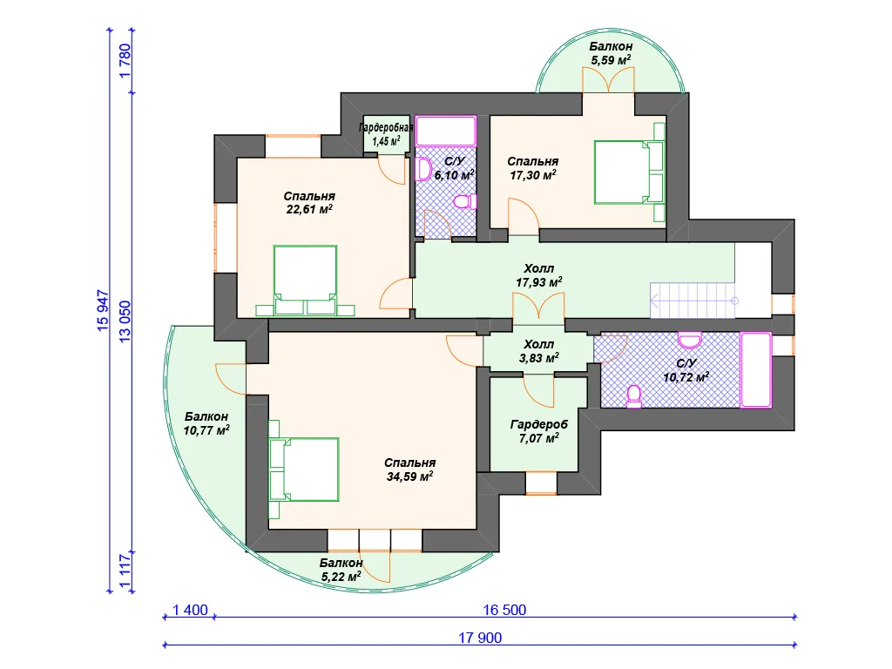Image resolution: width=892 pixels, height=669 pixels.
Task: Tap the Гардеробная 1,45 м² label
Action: pyautogui.click(x=386, y=134)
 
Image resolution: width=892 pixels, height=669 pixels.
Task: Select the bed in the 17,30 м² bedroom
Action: pyautogui.click(x=630, y=172)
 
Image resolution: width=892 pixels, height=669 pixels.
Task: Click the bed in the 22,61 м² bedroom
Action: pyautogui.click(x=305, y=280)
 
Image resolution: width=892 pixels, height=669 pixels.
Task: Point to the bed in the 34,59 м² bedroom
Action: pyautogui.click(x=303, y=470)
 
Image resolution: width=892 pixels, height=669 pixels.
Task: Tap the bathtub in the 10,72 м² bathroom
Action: pyautogui.click(x=755, y=369)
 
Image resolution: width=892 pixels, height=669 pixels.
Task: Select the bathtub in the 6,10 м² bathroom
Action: pyautogui.click(x=445, y=131)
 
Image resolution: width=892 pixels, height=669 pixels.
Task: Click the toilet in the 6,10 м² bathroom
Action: pyautogui.click(x=465, y=202)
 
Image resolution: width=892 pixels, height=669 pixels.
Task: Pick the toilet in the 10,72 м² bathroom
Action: pyautogui.click(x=634, y=396)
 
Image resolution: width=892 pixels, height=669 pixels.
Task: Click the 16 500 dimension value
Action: pyautogui.click(x=504, y=610)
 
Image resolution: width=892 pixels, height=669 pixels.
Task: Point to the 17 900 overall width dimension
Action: pyautogui.click(x=480, y=638)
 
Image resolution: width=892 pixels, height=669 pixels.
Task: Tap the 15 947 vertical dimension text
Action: pyautogui.click(x=103, y=311)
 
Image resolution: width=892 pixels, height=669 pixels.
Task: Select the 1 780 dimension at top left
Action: pyautogui.click(x=125, y=61)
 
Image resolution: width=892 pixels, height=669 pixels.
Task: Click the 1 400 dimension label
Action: pyautogui.click(x=190, y=610)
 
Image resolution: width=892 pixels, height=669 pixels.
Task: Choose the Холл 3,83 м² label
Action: pyautogui.click(x=538, y=351)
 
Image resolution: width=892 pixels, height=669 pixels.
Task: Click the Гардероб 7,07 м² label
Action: pyautogui.click(x=538, y=431)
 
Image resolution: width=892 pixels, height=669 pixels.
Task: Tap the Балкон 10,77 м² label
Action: pyautogui.click(x=206, y=423)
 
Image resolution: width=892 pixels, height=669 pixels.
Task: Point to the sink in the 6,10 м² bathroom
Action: pyautogui.click(x=423, y=169)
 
